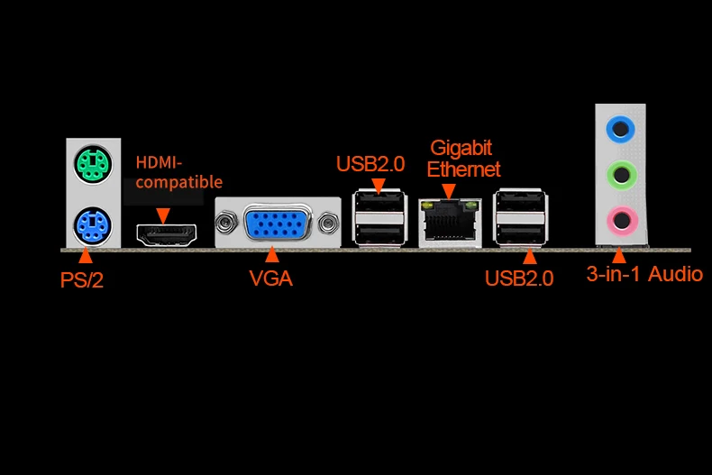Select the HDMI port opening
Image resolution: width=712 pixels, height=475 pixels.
click(166, 233)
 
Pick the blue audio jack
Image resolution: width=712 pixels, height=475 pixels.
click(620, 128)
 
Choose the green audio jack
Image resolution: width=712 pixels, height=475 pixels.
click(620, 172)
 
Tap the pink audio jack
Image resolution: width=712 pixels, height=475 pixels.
click(620, 217)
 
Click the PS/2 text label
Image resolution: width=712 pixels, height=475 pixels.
click(82, 279)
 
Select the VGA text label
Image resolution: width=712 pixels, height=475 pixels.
click(271, 278)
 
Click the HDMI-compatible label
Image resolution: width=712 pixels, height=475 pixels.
click(178, 172)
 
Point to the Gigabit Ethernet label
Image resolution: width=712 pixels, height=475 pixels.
click(463, 158)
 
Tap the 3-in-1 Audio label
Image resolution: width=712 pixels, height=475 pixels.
click(644, 274)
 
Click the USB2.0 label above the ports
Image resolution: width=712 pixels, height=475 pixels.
click(370, 164)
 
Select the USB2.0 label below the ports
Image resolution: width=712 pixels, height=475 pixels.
click(518, 278)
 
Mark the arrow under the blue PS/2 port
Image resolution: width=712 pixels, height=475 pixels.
click(87, 256)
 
